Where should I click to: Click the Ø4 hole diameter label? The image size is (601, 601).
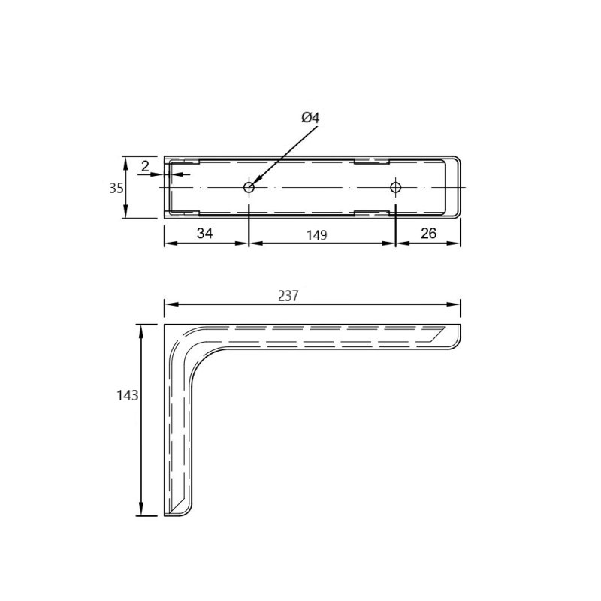310,118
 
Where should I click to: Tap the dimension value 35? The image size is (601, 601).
116,189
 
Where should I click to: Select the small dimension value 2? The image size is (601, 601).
145,166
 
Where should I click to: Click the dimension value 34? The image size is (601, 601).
204,233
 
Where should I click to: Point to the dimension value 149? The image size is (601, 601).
316,235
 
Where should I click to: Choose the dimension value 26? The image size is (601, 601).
428,233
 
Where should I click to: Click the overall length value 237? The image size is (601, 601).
288,296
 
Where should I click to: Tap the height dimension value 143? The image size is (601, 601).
128,395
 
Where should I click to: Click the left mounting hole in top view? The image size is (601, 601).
249,187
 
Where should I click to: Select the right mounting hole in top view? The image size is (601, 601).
396,187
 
